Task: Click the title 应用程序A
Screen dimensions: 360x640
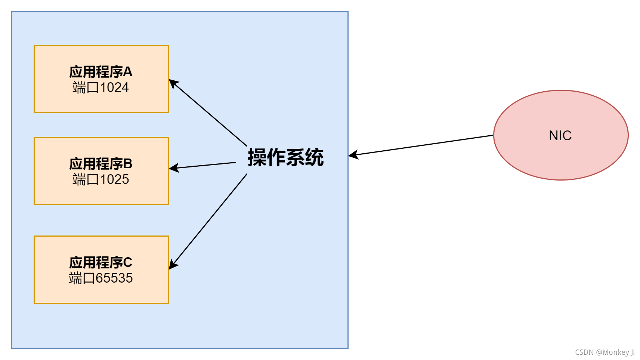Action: coord(101,72)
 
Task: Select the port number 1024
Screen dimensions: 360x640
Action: coord(114,87)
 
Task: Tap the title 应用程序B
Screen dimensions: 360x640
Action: coord(101,164)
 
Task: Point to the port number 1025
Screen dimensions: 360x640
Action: coord(114,179)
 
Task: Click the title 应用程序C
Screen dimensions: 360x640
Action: coord(101,262)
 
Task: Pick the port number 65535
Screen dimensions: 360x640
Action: coord(114,278)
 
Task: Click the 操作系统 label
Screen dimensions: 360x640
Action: coord(286,157)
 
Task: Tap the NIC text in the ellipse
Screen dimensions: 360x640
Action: coord(560,135)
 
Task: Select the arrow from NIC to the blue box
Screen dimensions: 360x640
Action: coord(422,145)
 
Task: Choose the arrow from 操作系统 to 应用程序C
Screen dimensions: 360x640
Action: coord(209,221)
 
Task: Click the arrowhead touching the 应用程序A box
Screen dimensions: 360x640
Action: coord(173,83)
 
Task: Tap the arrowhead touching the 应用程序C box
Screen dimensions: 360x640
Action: coord(173,265)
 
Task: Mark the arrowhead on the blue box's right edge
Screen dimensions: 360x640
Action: coord(353,155)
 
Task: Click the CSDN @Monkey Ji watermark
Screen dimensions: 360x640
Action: coord(605,352)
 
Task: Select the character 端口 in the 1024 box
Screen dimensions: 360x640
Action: coord(86,87)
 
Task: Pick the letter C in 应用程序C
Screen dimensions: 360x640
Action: coord(127,262)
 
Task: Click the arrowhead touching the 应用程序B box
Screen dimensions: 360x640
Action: coord(173,168)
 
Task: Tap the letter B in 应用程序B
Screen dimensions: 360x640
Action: coord(127,164)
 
